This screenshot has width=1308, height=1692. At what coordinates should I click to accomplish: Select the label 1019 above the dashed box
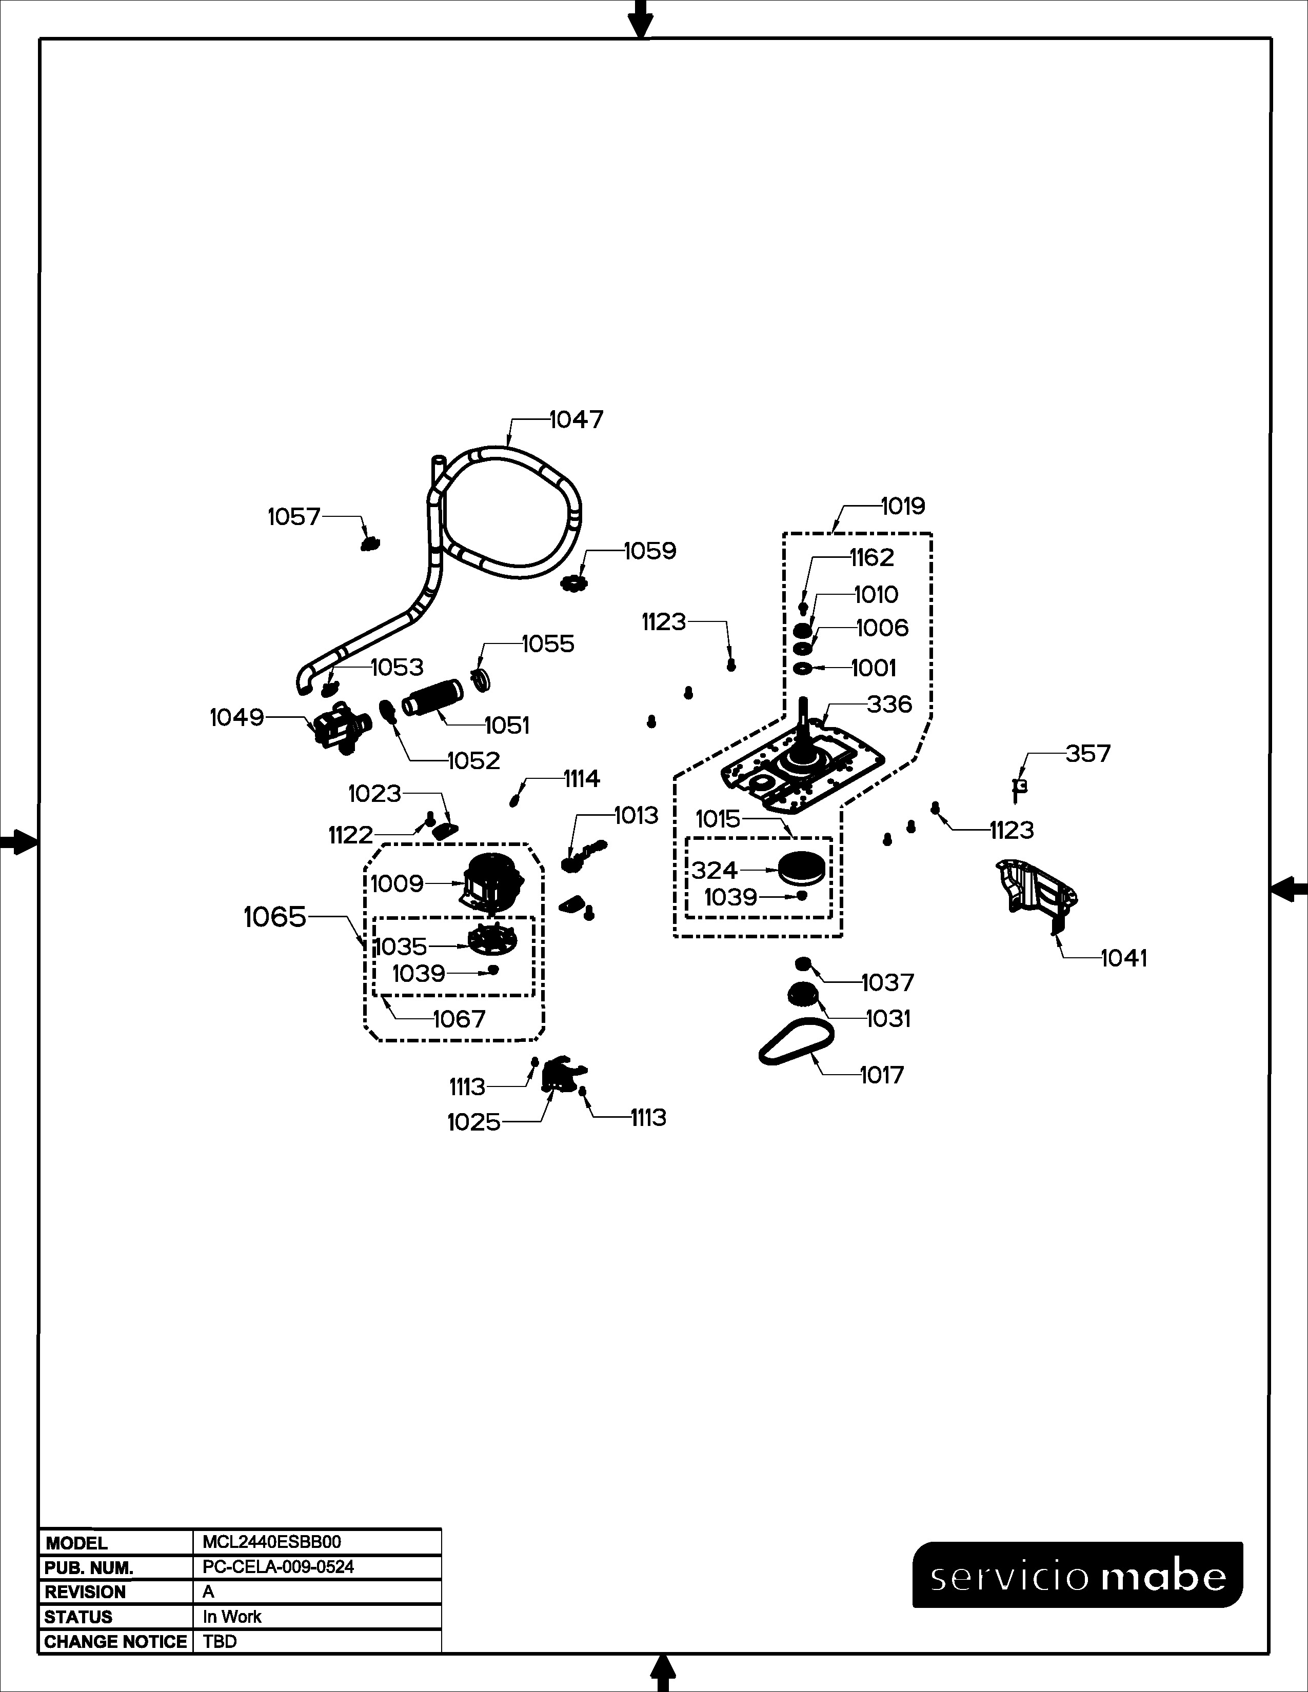903,506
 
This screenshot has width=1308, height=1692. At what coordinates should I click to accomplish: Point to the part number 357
1088,753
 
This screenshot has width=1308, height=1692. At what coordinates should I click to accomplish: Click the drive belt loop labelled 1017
797,1041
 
